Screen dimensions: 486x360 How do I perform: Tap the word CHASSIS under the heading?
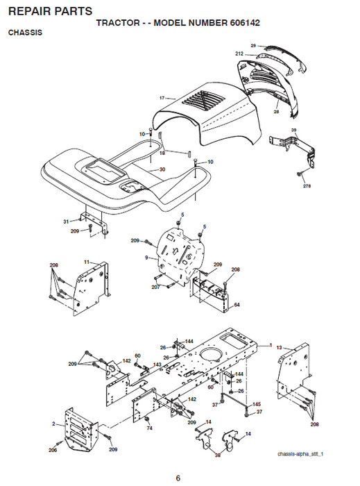[24, 33]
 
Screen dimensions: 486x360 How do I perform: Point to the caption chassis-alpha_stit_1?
[300, 454]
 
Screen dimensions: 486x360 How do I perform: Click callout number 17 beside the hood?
[162, 98]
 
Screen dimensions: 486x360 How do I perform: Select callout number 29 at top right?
[253, 46]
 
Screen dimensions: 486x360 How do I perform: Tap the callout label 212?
[239, 53]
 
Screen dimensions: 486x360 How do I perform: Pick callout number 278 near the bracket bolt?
[307, 186]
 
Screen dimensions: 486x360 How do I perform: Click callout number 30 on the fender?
[162, 169]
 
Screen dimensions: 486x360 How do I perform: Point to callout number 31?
[67, 221]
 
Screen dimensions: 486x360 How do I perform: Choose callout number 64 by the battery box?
[237, 305]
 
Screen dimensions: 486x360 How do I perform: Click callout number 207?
[155, 286]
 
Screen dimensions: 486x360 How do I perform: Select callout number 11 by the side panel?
[87, 261]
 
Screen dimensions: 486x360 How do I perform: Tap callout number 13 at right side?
[279, 346]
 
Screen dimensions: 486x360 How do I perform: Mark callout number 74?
[149, 428]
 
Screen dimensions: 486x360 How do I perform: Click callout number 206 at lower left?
[53, 451]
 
